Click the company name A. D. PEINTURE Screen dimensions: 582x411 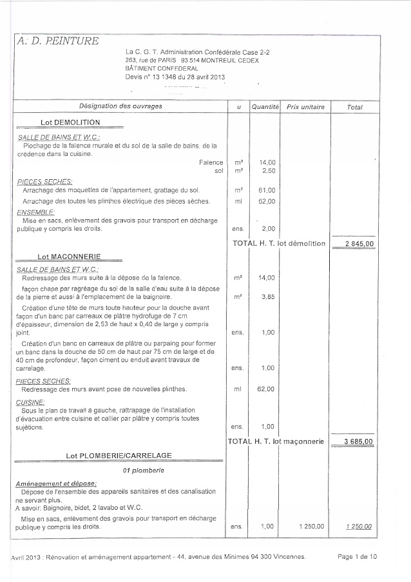[x=58, y=41]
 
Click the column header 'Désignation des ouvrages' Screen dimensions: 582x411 [x=120, y=106]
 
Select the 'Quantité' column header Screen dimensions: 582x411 [x=265, y=106]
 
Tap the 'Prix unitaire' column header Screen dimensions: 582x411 [x=305, y=106]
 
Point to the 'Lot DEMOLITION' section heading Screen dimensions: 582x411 [x=70, y=122]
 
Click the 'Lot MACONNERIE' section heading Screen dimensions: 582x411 [x=70, y=257]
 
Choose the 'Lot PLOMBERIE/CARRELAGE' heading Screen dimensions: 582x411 [x=119, y=455]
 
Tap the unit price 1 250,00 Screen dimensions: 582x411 [x=311, y=527]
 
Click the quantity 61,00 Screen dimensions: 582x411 [x=267, y=190]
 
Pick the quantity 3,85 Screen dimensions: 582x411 [x=267, y=297]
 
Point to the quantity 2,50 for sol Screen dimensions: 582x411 [x=267, y=171]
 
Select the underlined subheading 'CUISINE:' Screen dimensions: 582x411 [x=30, y=402]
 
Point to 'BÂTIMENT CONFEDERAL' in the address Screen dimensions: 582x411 [x=162, y=68]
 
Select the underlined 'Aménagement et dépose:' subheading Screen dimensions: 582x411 [x=56, y=483]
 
